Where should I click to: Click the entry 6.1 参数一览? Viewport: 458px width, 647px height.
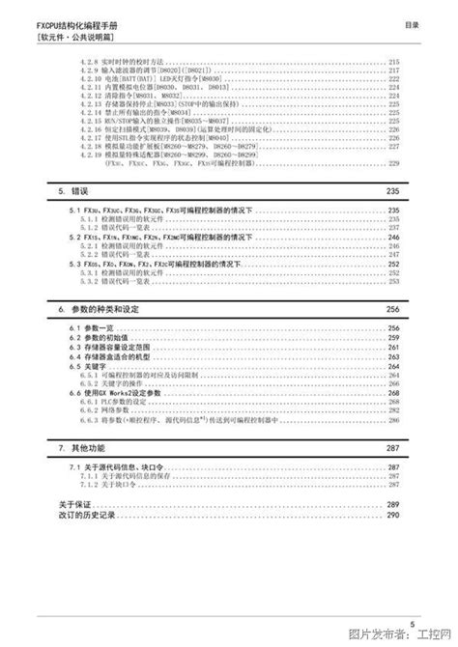coord(88,328)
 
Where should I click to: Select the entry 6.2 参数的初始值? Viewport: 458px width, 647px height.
coord(94,337)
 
